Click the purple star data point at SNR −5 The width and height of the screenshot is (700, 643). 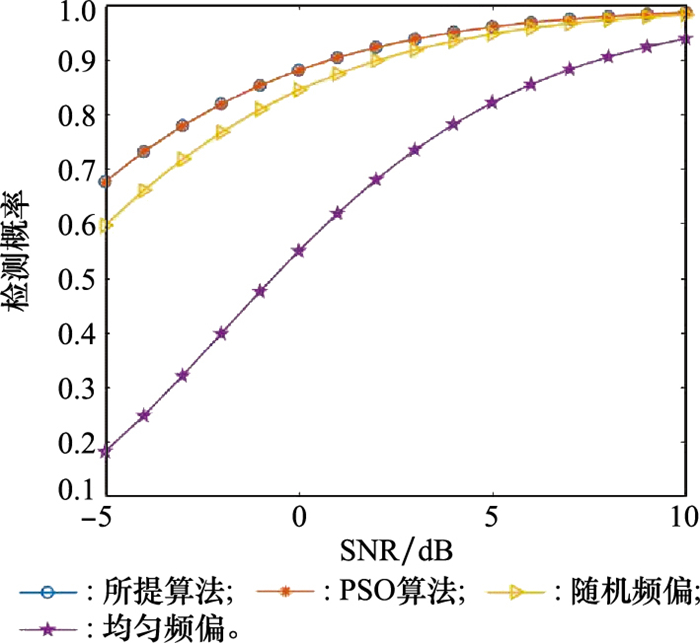pos(105,451)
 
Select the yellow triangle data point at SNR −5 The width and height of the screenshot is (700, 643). pos(105,226)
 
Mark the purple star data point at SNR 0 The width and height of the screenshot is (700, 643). pos(299,251)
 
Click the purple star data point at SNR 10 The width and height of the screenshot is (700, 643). pos(685,39)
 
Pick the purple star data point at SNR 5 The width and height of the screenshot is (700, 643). pos(492,103)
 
